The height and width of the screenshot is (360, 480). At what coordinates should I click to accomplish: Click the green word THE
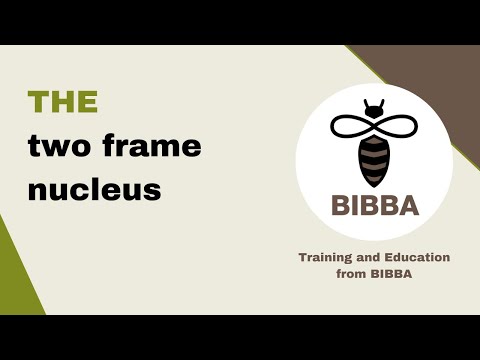63,102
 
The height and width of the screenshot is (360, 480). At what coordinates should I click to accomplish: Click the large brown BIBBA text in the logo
373,210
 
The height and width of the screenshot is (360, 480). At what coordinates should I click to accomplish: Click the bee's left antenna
366,102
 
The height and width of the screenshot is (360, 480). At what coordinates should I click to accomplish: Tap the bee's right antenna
382,102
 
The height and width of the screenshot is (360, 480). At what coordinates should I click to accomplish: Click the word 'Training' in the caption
326,257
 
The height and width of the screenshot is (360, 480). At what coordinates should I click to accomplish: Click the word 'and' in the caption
368,257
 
